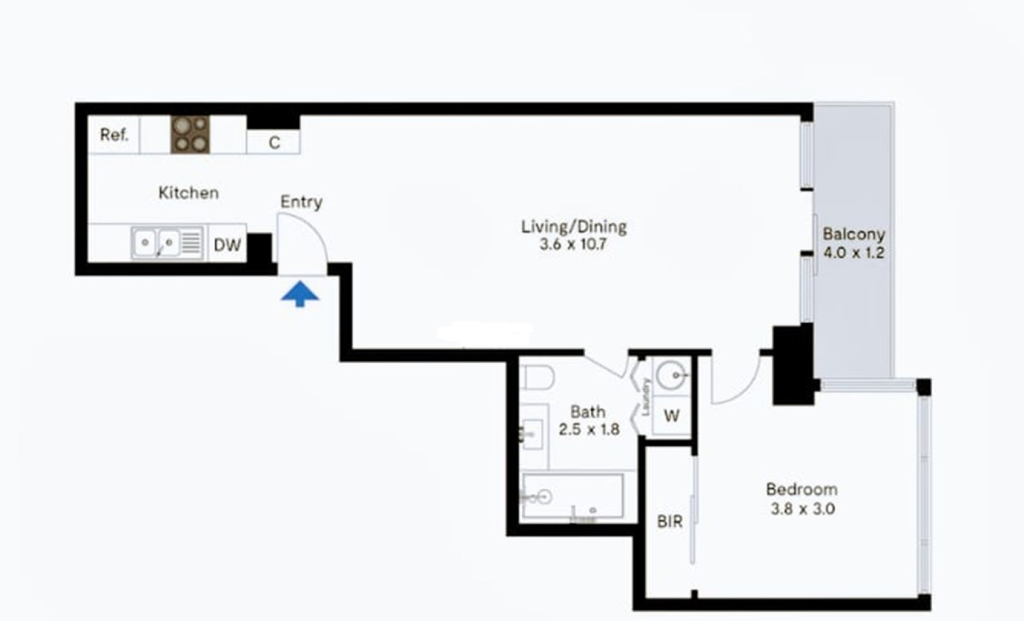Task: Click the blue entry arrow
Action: [300, 294]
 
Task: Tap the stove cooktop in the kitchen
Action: [190, 135]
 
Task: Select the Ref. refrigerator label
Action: [115, 135]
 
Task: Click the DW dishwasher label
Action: [227, 245]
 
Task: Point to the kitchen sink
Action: [167, 243]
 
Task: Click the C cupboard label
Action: [274, 143]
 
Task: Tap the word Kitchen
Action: [189, 193]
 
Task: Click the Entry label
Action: [301, 202]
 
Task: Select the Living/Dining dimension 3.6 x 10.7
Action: [573, 244]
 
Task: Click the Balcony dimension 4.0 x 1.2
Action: [853, 253]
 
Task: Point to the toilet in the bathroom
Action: [537, 377]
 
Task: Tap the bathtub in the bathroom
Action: [573, 496]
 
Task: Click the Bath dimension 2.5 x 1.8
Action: [589, 430]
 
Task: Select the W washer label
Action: [672, 416]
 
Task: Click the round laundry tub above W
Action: [672, 375]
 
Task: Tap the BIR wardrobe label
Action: [670, 522]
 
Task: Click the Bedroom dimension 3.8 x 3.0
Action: [803, 509]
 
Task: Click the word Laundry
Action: [646, 397]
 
